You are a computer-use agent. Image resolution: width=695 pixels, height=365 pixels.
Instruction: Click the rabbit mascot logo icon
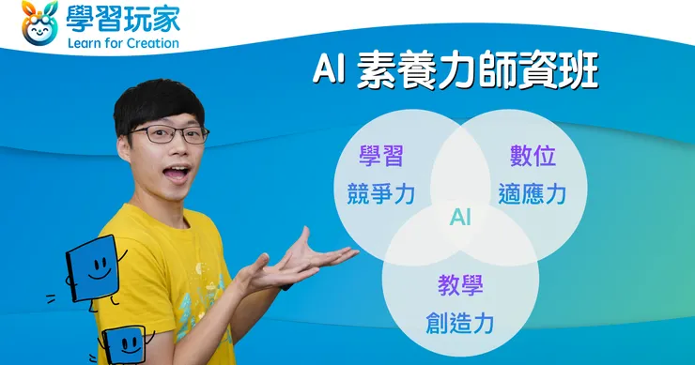coord(39,23)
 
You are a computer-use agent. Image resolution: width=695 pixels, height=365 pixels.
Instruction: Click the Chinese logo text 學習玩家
coord(123,18)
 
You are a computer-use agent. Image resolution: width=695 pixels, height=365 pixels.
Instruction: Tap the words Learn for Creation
coord(123,43)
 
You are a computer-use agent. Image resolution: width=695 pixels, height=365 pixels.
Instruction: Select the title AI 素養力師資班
coord(456,71)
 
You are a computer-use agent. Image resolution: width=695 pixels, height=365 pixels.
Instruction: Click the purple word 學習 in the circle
coord(381,156)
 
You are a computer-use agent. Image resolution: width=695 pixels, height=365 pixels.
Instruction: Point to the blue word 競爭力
coord(381,194)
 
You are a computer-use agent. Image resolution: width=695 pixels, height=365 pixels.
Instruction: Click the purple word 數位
coord(533,156)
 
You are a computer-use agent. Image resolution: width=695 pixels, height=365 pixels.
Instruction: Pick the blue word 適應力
coord(533,194)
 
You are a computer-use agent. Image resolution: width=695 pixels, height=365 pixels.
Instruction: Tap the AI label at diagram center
coord(460,218)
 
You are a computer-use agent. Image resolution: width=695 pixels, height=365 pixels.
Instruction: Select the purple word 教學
coord(460,285)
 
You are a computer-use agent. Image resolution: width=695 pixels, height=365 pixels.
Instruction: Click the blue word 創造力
coord(460,323)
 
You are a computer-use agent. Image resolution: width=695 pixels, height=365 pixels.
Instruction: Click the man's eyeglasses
coord(168,134)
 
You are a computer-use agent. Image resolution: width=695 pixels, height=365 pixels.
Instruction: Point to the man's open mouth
coord(177,174)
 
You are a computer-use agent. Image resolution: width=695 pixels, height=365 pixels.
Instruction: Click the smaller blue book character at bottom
coord(124,345)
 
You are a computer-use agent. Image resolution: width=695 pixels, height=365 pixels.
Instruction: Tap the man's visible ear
coord(123,147)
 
